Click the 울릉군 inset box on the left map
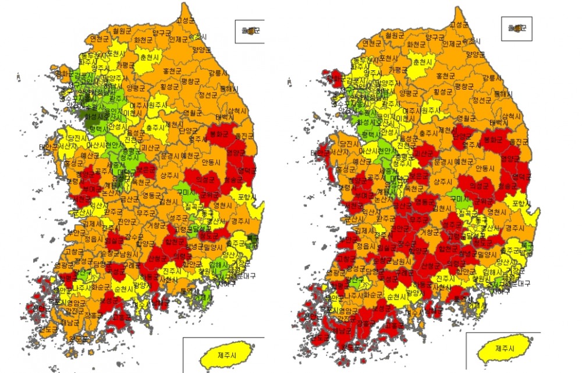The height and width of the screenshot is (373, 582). (x=250, y=31)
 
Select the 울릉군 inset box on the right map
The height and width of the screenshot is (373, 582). (x=516, y=29)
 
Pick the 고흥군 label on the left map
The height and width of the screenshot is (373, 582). (x=122, y=317)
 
